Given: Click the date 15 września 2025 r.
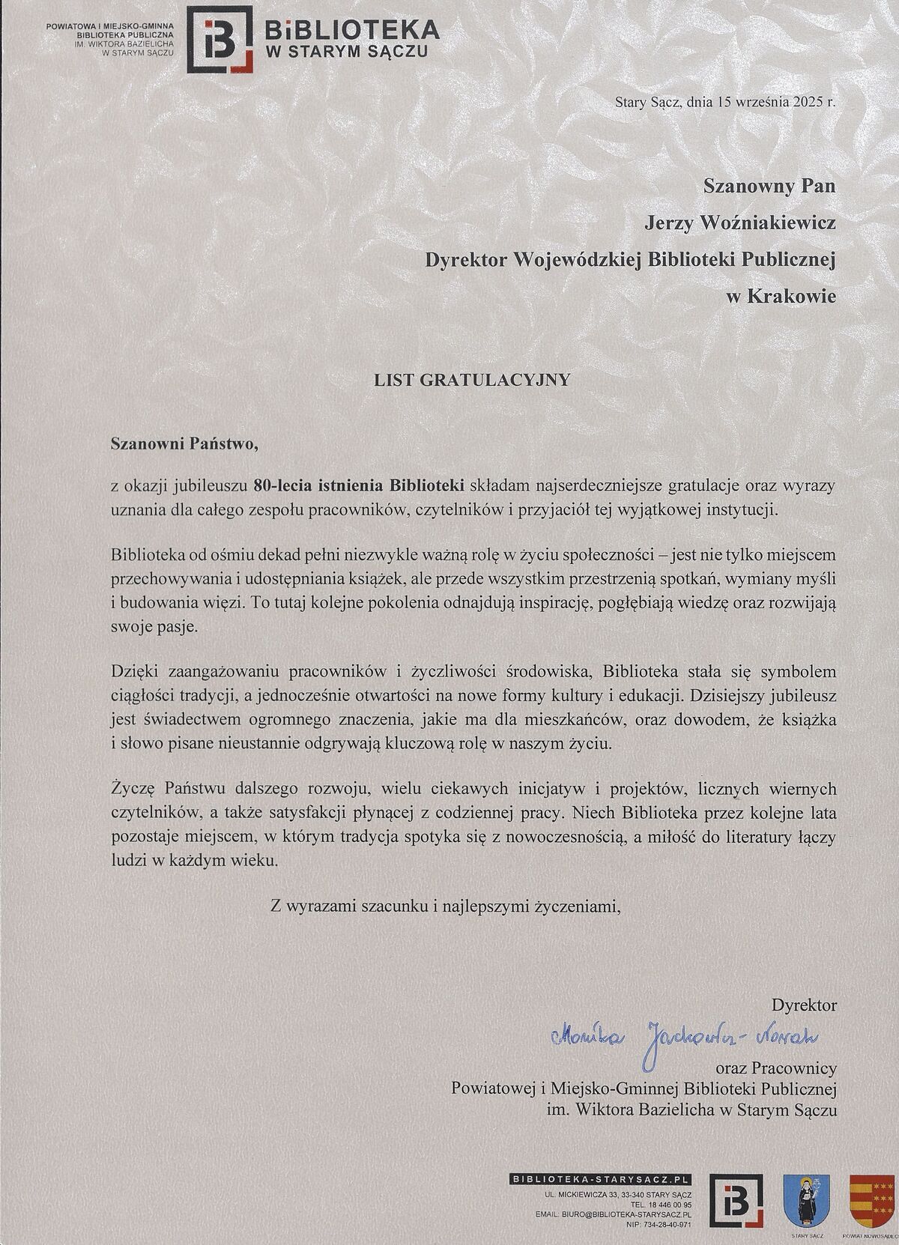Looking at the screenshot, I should click(x=764, y=104).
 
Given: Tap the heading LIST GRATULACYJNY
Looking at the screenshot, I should click(x=472, y=379).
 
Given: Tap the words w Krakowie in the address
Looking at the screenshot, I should click(x=781, y=297).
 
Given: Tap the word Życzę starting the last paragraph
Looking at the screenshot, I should click(x=132, y=789).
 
